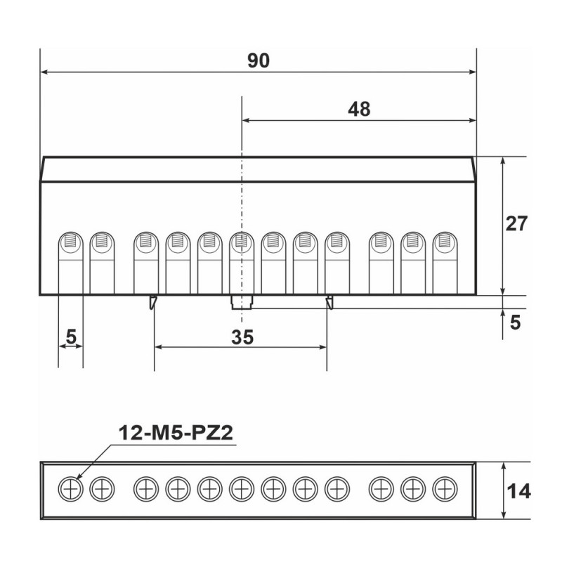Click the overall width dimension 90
[258, 61]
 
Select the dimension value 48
[358, 109]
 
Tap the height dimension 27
[516, 223]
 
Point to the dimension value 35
[242, 337]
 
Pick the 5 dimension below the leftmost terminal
[70, 337]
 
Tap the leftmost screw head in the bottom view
[70, 488]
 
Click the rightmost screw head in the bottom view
[444, 488]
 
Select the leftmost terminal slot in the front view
[70, 262]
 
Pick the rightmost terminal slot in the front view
[444, 262]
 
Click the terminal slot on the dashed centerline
[241, 262]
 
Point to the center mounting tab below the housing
[241, 303]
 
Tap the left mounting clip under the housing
[152, 303]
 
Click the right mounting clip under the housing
[328, 303]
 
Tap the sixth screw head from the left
[241, 488]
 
